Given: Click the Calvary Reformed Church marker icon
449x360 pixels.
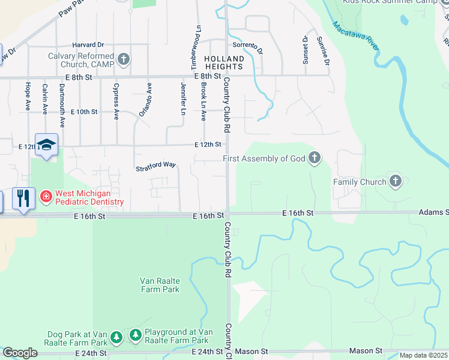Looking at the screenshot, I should [x=124, y=59].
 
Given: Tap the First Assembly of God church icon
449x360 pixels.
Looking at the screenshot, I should [x=314, y=158].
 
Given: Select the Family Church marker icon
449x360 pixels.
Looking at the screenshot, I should [x=395, y=181].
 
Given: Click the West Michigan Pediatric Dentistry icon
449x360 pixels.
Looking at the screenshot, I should [x=45, y=197].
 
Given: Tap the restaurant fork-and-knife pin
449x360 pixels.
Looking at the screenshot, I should [x=23, y=198].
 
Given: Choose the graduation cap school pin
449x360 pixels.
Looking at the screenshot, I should [x=46, y=145].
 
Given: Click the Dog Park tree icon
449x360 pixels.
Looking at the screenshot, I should [x=116, y=337].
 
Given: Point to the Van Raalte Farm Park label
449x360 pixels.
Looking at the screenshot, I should [x=159, y=285].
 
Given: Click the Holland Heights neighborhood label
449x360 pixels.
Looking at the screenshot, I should [x=224, y=63].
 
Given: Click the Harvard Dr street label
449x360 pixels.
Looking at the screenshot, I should [x=88, y=44].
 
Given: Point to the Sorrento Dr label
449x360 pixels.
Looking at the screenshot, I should [x=247, y=47].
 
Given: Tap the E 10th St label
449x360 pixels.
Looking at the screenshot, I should [x=83, y=112].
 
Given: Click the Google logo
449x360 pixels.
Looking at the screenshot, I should [x=20, y=353].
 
